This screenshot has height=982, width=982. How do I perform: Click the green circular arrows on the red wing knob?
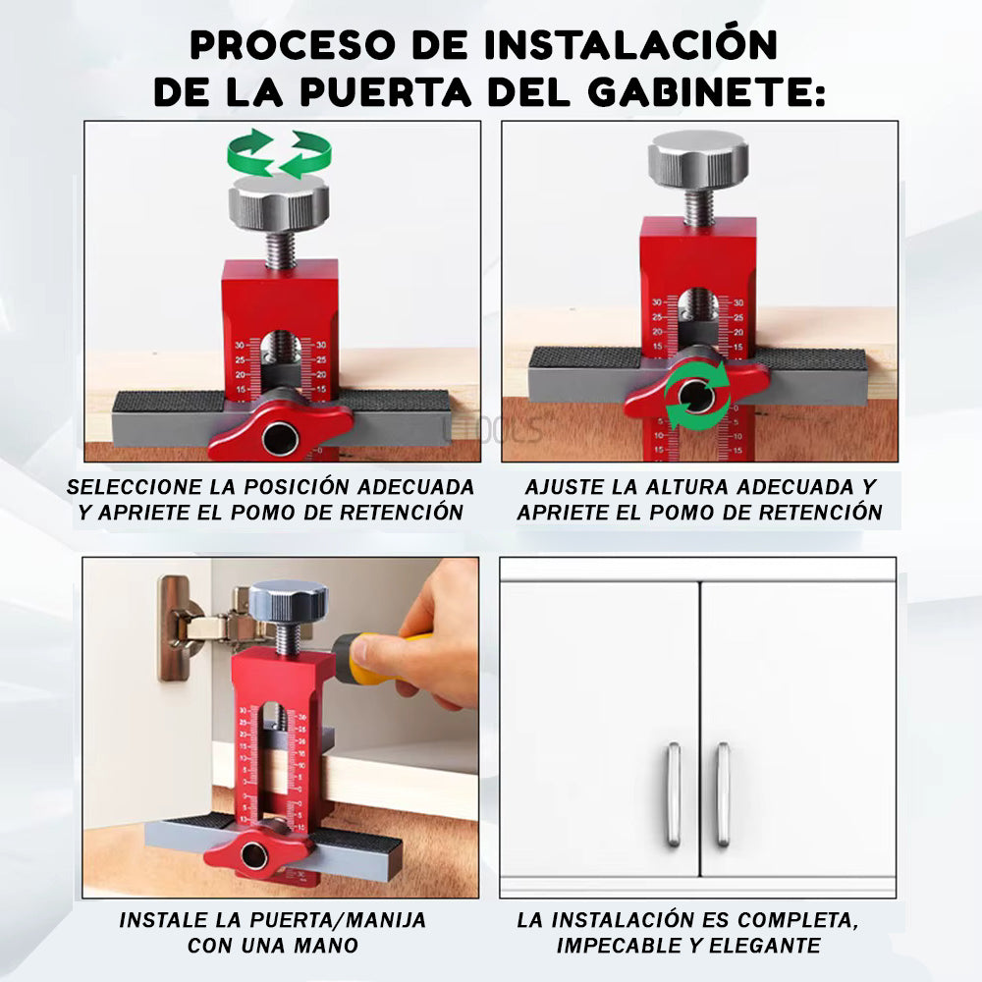696,395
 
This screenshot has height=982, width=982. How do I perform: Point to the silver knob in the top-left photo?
279,203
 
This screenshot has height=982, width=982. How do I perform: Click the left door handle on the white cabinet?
674,793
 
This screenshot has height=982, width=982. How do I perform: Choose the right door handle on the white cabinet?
723,793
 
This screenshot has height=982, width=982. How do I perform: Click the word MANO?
327,946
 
